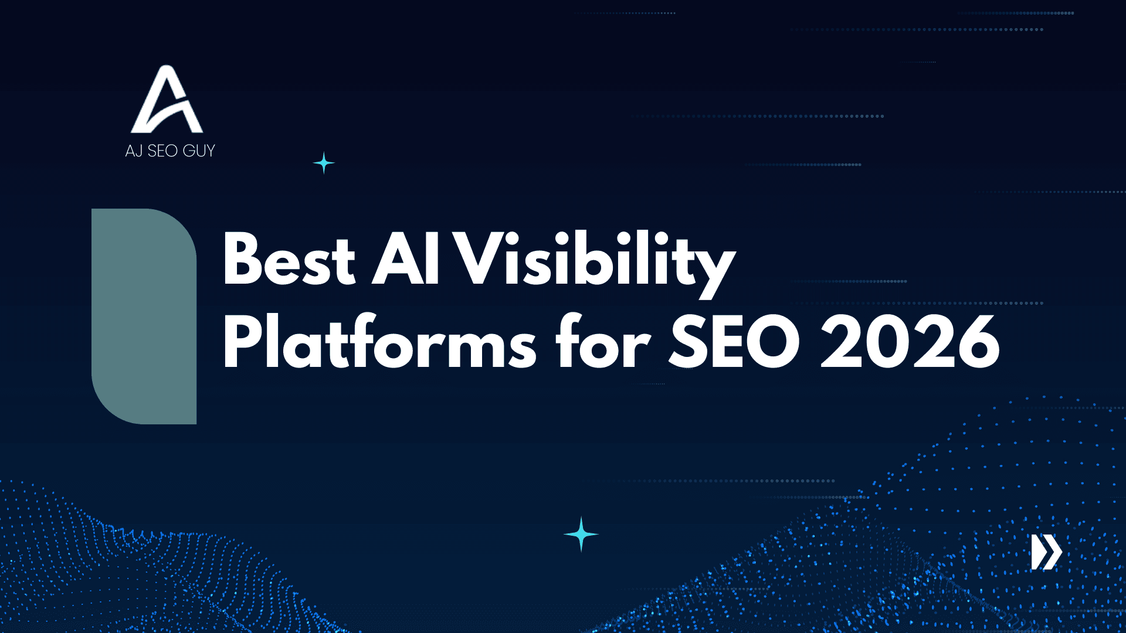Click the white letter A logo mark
(x=167, y=100)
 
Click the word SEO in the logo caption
(x=162, y=151)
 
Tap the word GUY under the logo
(x=199, y=151)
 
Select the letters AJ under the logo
(x=134, y=151)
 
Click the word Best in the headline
(x=289, y=260)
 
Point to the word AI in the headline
(x=406, y=260)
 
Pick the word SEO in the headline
(x=734, y=342)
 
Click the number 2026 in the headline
(x=910, y=342)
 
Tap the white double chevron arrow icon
(x=1046, y=552)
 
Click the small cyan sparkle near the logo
(x=324, y=163)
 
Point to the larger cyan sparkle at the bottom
(x=581, y=534)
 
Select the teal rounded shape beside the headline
(x=144, y=316)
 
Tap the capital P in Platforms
(x=242, y=342)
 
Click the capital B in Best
(x=242, y=260)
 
